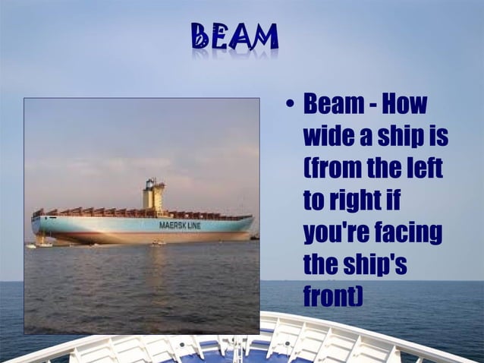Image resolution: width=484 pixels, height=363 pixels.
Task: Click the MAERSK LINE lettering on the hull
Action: click(x=179, y=226)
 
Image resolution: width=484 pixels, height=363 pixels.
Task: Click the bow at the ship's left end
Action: click(x=35, y=226)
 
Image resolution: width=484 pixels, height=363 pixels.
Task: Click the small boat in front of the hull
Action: click(x=157, y=243)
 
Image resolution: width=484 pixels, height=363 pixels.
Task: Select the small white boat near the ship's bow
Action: click(x=43, y=244)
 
